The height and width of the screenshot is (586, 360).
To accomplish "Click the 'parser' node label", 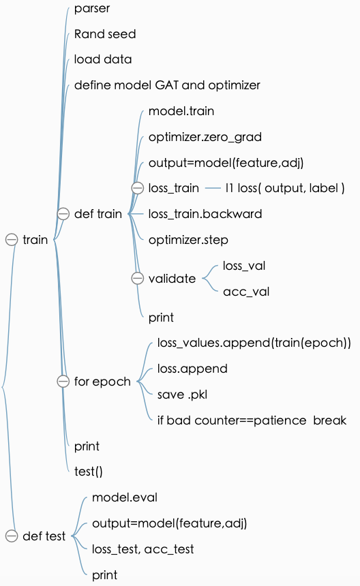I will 92,9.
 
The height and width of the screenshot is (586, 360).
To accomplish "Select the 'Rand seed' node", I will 105,34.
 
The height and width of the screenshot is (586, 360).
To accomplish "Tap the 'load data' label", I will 103,59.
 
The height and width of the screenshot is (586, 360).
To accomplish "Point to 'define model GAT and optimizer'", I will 167,85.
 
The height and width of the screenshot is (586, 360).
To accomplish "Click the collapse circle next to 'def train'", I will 63,214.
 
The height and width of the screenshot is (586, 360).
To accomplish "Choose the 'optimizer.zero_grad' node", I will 205,137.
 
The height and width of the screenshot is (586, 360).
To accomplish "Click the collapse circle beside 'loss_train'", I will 137,188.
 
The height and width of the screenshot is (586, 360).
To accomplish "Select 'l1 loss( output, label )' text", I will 284,188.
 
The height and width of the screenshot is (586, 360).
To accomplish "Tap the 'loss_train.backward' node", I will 205,214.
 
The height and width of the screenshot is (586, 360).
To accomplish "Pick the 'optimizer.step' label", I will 188,240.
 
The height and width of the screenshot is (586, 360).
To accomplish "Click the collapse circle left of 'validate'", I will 137,279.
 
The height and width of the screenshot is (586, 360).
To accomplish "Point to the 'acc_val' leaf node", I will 246,292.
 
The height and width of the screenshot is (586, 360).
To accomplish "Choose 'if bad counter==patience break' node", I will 252,420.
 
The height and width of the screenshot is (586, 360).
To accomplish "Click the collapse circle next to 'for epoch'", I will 63,382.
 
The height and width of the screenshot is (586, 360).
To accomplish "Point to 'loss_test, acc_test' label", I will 143,549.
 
